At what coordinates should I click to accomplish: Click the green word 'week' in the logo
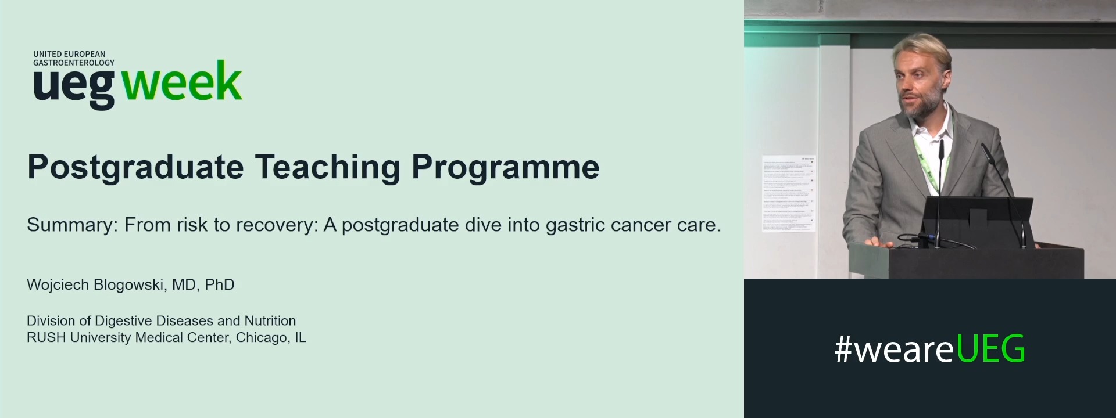[x=182, y=82]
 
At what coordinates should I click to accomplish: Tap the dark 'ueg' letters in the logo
[x=74, y=87]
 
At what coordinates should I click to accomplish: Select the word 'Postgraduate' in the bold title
[x=135, y=167]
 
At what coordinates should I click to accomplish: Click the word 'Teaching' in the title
[x=327, y=167]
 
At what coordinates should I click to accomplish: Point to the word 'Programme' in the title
[x=505, y=167]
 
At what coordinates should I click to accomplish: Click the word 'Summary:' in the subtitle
[x=72, y=225]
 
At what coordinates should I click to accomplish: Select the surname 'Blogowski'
[x=128, y=284]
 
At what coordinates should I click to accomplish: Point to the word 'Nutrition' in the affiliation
[x=270, y=320]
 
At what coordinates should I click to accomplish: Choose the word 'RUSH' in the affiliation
[x=46, y=337]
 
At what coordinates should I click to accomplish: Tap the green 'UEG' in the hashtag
[x=990, y=349]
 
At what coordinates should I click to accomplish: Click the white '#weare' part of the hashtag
[x=894, y=349]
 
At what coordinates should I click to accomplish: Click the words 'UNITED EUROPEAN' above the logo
[x=69, y=54]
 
